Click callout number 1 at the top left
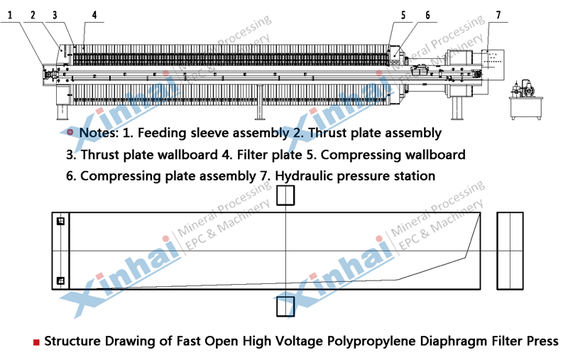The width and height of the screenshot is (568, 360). coord(10,15)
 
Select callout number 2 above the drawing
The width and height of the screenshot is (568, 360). coord(33,15)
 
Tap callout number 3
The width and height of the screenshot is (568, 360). coord(55,15)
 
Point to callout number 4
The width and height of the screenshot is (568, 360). coord(94,15)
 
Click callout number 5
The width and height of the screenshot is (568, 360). coord(403,15)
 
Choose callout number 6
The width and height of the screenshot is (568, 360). coord(427,15)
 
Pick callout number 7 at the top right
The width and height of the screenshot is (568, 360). coord(498,15)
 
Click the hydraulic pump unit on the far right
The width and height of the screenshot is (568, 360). coord(525,100)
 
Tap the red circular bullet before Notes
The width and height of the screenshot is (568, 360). coord(70,132)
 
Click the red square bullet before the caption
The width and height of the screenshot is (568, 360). coord(36,342)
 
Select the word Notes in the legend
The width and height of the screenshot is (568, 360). coord(99,133)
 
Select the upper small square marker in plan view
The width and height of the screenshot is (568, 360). coord(60,221)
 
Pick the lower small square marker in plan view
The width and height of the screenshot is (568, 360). coord(60,280)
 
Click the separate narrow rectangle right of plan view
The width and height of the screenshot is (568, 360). coord(497,251)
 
